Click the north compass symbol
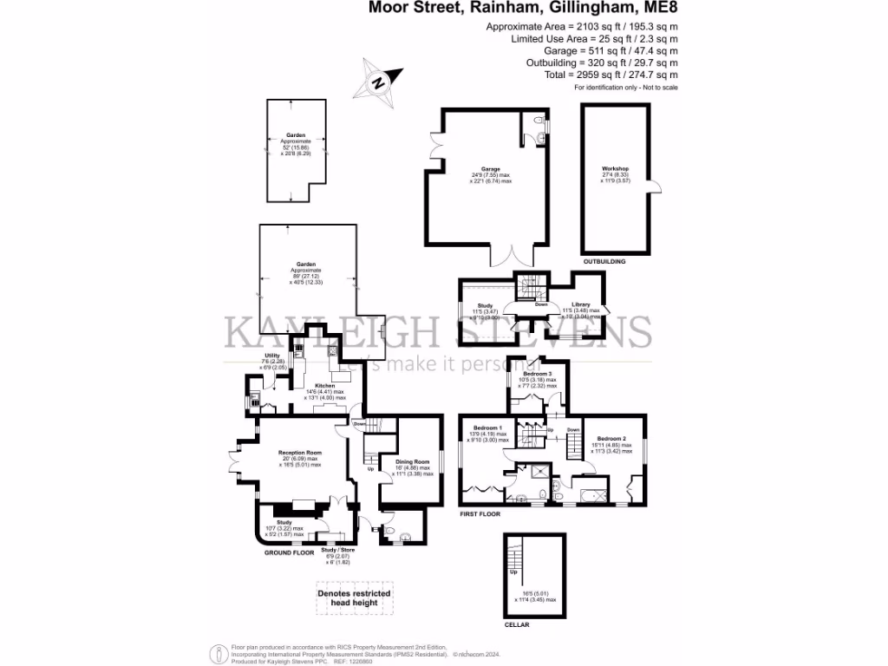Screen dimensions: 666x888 point(378,82)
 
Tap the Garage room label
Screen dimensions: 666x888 point(490,169)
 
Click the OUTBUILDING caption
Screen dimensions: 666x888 point(604,260)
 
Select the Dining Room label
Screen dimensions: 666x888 point(412,461)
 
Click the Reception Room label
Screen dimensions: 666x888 point(300,453)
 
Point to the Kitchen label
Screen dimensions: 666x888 point(325,386)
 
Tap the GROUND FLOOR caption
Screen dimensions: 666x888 point(290,552)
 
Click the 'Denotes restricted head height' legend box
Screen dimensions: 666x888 point(353,598)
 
